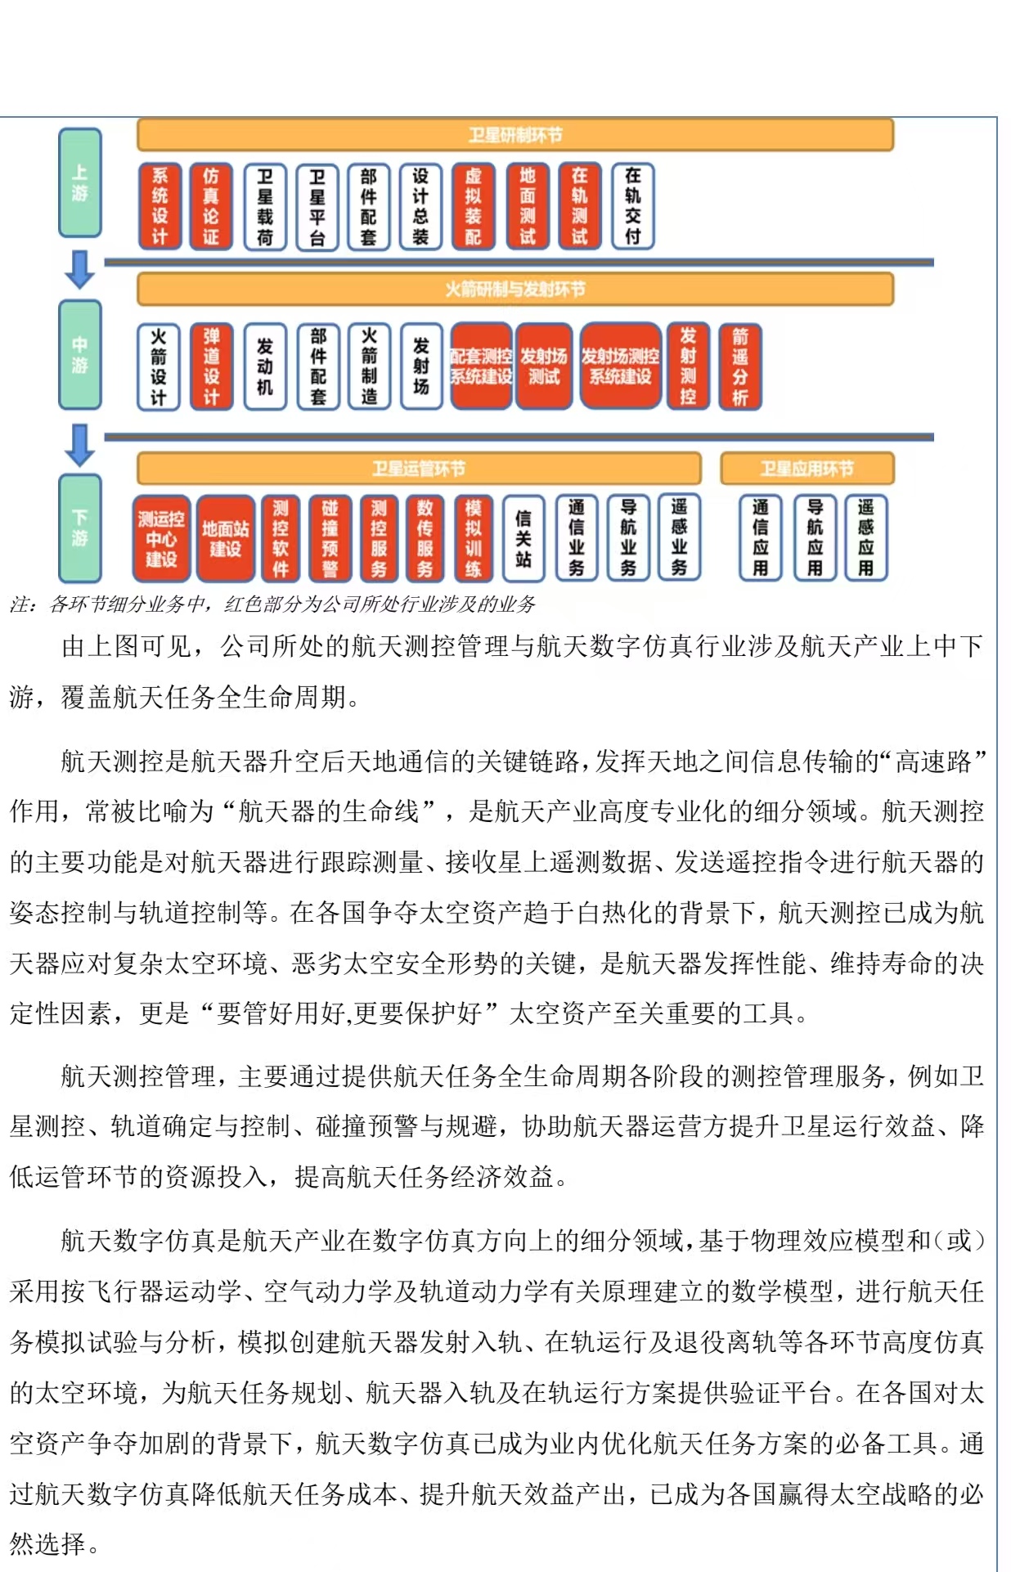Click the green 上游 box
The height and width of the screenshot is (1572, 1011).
pyautogui.click(x=79, y=183)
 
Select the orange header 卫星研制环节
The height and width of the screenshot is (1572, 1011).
pyautogui.click(x=514, y=135)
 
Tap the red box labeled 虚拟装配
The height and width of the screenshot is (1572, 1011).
pyautogui.click(x=474, y=206)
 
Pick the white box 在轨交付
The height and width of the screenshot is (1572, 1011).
pyautogui.click(x=632, y=206)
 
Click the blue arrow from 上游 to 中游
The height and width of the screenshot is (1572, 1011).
pyautogui.click(x=79, y=269)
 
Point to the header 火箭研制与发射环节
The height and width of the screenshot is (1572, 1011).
pyautogui.click(x=514, y=289)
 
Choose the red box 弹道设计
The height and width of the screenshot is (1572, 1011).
pyautogui.click(x=211, y=366)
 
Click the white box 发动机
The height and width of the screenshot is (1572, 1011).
pyautogui.click(x=265, y=366)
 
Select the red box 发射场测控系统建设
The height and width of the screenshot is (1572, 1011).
pyautogui.click(x=620, y=366)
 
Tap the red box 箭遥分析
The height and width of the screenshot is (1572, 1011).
pyautogui.click(x=739, y=366)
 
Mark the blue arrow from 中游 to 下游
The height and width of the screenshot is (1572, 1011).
pyautogui.click(x=79, y=444)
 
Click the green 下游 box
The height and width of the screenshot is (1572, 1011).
pyautogui.click(x=79, y=528)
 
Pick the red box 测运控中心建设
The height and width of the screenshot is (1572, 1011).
pyautogui.click(x=161, y=538)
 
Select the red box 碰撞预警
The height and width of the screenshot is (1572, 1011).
pyautogui.click(x=330, y=538)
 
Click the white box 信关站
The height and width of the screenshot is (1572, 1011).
pyautogui.click(x=523, y=538)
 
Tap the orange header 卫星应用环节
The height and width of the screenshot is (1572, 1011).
pyautogui.click(x=807, y=469)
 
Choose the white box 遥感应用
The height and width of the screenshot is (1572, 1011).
pyautogui.click(x=866, y=538)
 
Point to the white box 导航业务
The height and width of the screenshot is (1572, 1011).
pyautogui.click(x=628, y=538)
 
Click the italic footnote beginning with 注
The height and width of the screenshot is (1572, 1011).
pyautogui.click(x=272, y=604)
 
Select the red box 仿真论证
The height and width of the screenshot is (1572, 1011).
pyautogui.click(x=211, y=206)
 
